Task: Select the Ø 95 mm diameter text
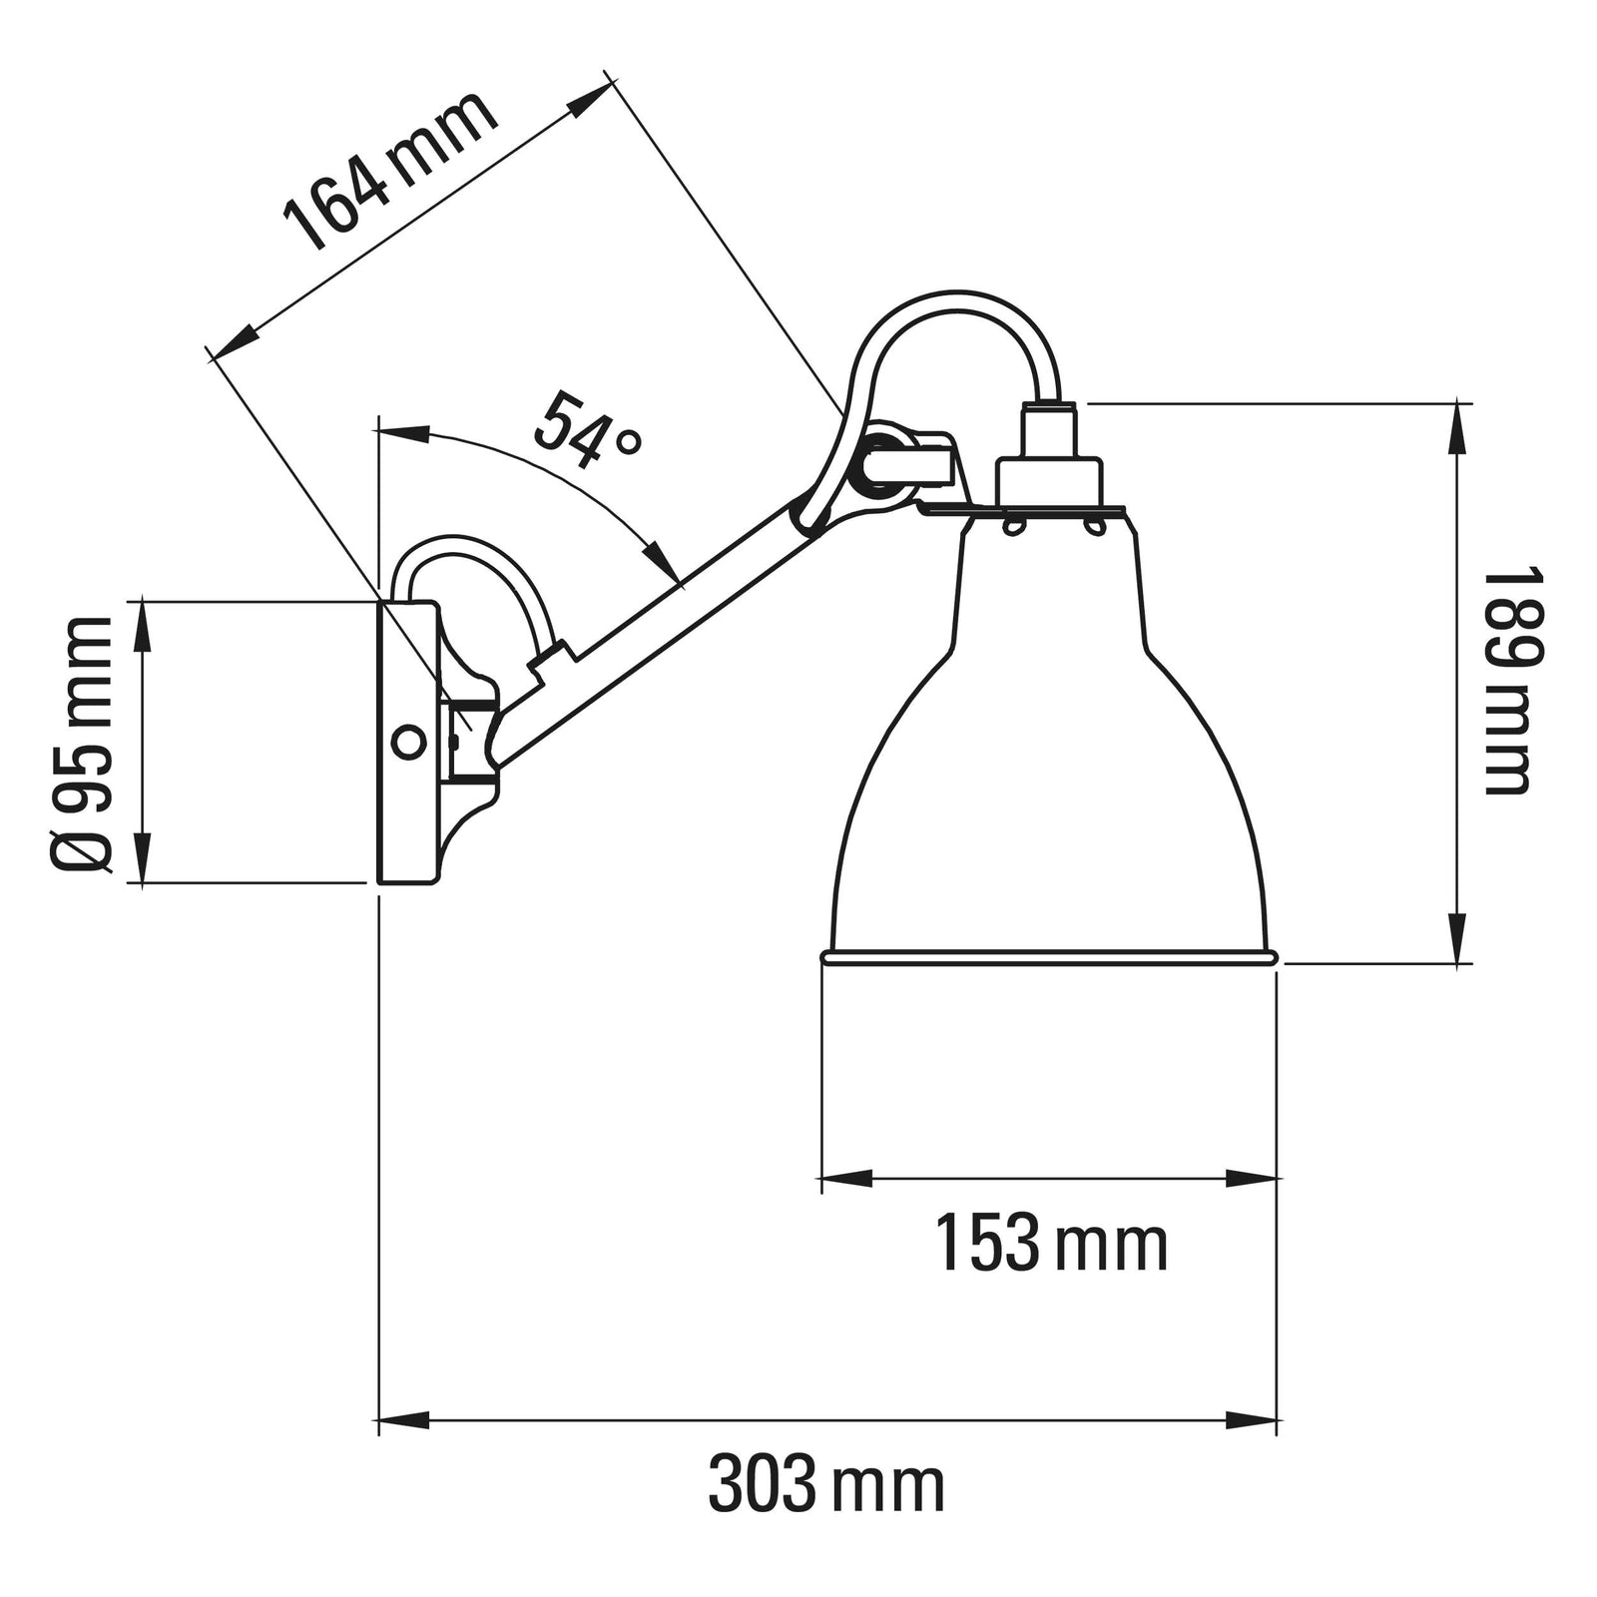click(x=80, y=744)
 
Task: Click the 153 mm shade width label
click(x=1051, y=1244)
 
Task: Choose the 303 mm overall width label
click(x=826, y=1485)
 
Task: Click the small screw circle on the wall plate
click(x=407, y=742)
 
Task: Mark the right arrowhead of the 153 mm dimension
click(x=1253, y=1179)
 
